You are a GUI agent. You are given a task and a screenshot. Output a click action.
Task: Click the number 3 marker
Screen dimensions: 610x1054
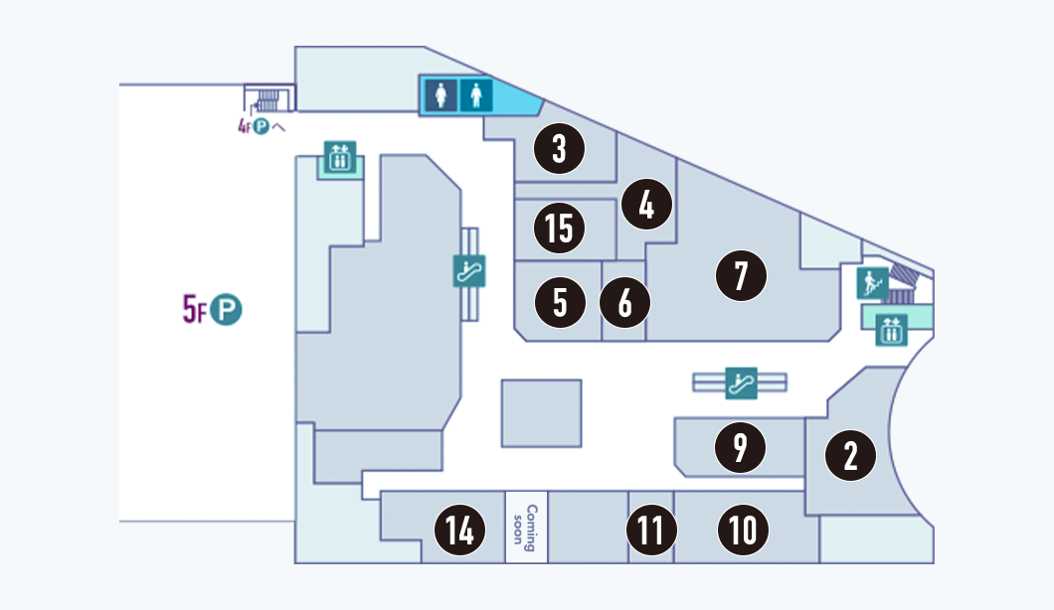point(559,150)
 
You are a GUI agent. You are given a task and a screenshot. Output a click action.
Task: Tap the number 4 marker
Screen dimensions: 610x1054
point(646,206)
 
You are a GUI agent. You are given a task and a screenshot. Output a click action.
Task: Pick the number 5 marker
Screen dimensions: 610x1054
point(559,303)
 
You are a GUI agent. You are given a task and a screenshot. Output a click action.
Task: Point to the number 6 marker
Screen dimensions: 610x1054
point(624,303)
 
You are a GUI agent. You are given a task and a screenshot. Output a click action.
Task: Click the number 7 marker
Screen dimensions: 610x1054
point(741,275)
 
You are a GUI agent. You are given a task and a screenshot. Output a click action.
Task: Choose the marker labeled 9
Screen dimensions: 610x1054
point(741,448)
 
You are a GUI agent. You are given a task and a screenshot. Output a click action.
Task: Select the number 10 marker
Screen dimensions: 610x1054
point(744,530)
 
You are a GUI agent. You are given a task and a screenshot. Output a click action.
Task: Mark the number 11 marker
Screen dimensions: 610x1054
point(651,530)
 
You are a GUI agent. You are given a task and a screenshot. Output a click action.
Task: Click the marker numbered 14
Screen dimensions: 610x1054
point(459,530)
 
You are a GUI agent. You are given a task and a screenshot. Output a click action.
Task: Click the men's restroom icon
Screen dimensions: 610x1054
point(478,95)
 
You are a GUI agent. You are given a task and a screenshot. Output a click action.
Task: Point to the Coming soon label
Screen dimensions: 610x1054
point(526,527)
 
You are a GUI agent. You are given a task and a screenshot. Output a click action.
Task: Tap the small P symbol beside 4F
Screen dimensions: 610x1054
point(262,127)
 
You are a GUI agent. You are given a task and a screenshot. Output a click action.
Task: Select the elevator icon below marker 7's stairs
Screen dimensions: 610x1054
point(891,330)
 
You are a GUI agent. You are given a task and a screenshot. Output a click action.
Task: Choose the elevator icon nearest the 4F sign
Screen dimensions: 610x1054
point(340,157)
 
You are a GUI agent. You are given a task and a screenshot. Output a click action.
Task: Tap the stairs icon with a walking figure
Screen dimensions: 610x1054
point(872,283)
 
